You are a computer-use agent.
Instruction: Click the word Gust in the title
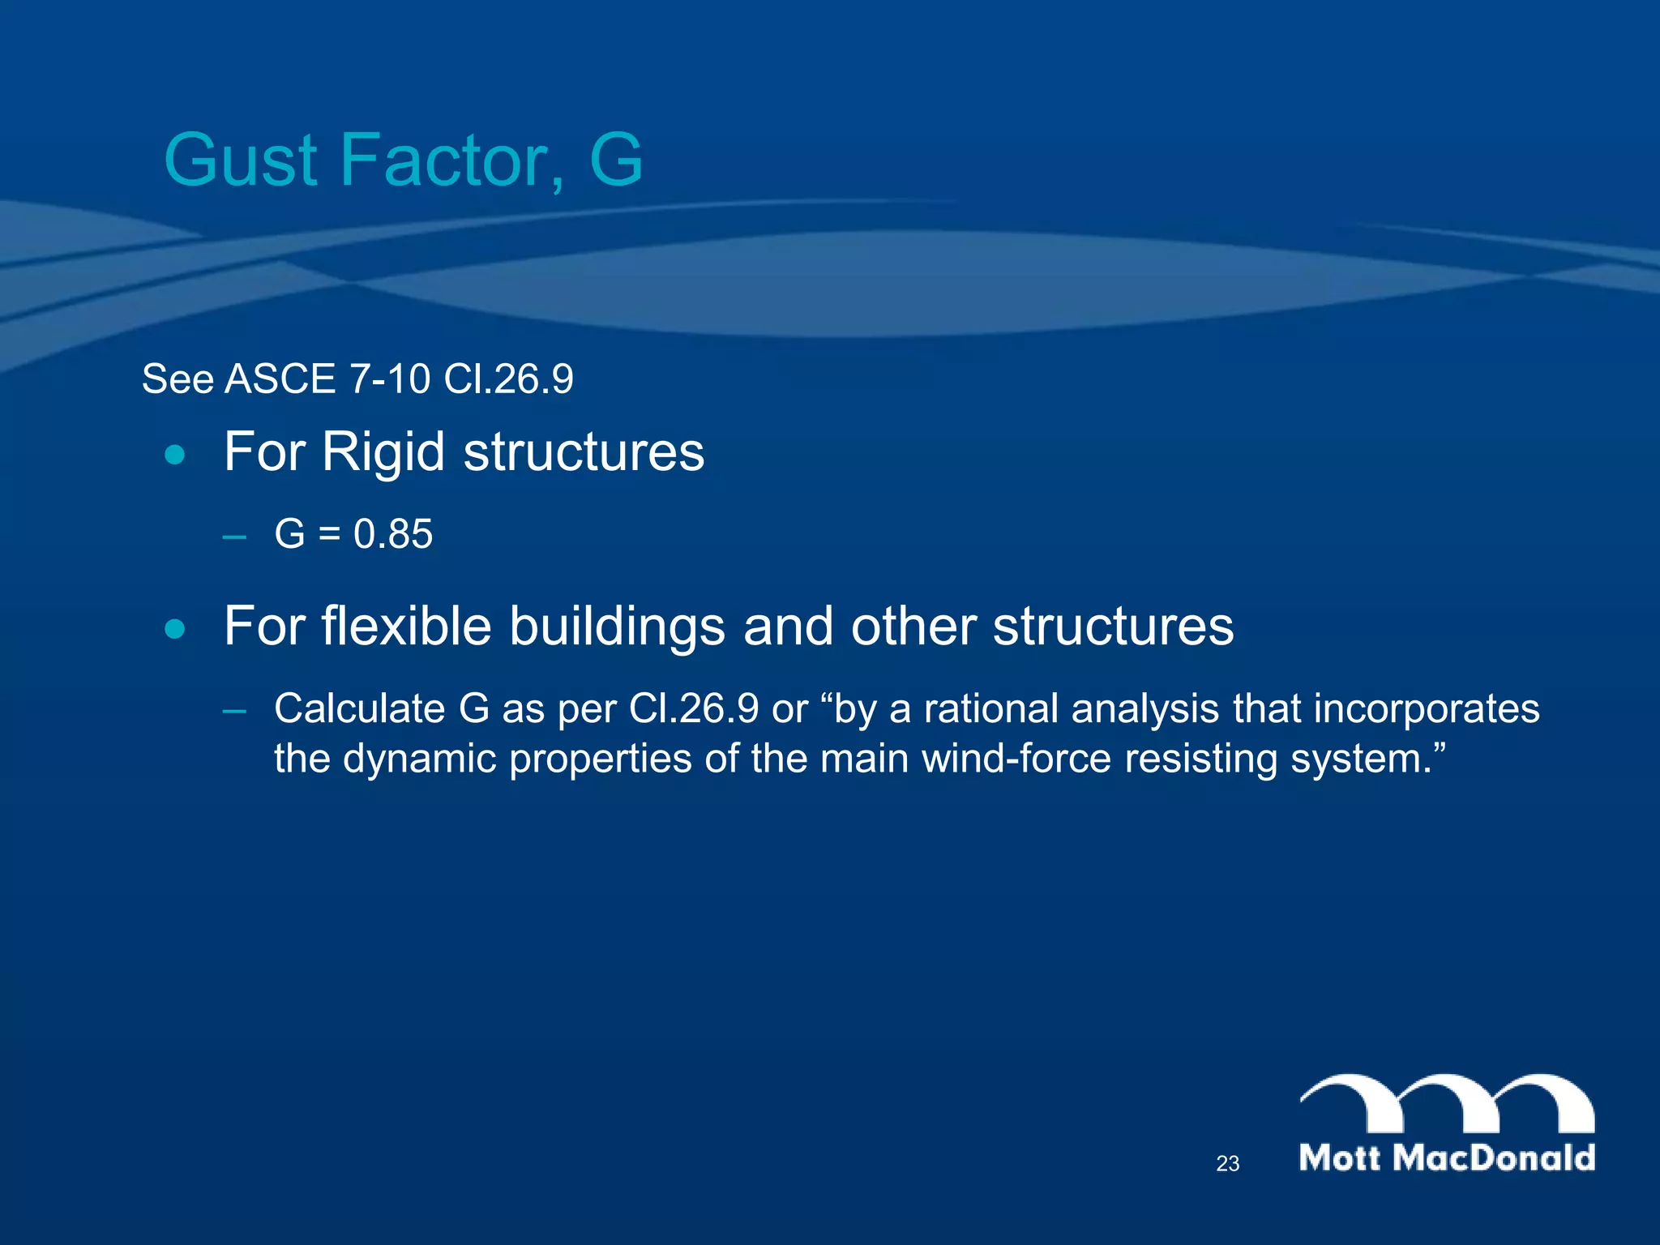tap(240, 160)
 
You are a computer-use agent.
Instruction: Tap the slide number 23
tap(1227, 1164)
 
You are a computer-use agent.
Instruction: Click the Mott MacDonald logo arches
tap(1447, 1104)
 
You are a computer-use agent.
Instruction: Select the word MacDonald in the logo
tap(1494, 1157)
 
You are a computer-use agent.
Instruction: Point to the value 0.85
tap(393, 534)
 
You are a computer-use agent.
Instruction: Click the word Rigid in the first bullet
tap(383, 452)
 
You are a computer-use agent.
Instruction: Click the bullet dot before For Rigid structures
tap(174, 455)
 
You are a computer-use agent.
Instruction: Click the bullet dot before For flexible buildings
tap(174, 629)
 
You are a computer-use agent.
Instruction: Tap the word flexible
tap(406, 627)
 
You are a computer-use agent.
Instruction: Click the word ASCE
tap(280, 379)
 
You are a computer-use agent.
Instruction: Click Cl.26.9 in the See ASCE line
tap(508, 379)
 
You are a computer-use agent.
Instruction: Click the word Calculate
tap(359, 708)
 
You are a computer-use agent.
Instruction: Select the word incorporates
tap(1426, 708)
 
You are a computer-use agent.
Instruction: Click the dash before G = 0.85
tap(234, 537)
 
